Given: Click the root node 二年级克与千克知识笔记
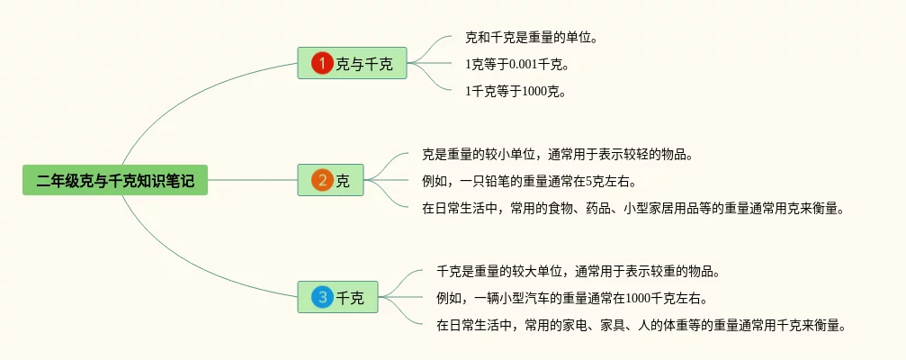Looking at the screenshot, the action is pyautogui.click(x=115, y=180).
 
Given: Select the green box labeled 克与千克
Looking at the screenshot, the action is pyautogui.click(x=352, y=63).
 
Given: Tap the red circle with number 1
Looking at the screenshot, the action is pyautogui.click(x=322, y=63).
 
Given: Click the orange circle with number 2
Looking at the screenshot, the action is pyautogui.click(x=322, y=180).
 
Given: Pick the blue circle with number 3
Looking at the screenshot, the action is pyautogui.click(x=322, y=297).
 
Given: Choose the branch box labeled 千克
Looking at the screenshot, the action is pyautogui.click(x=338, y=297).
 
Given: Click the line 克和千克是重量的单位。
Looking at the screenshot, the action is pyautogui.click(x=531, y=38).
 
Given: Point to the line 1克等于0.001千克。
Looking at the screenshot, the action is pyautogui.click(x=517, y=64).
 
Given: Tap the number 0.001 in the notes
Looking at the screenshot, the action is pyautogui.click(x=525, y=64).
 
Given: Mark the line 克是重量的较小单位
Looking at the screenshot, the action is pyautogui.click(x=557, y=154).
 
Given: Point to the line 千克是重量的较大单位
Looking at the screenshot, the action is pyautogui.click(x=578, y=271).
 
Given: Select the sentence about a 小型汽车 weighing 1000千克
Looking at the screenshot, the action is pyautogui.click(x=571, y=298).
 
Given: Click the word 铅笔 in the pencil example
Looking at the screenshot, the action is pyautogui.click(x=501, y=181).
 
